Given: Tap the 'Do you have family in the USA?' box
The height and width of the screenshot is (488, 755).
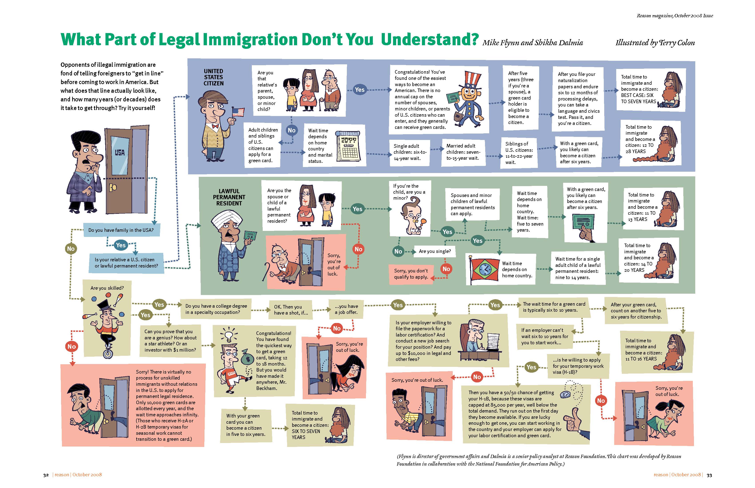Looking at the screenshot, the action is [121, 230].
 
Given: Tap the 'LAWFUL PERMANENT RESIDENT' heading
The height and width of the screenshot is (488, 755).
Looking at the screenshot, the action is [229, 197].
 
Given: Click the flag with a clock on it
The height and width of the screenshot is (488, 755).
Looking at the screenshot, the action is [484, 269].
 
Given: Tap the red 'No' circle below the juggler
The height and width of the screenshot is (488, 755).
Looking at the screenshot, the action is [72, 346].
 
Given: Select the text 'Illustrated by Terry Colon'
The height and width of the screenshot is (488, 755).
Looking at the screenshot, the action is [655, 43].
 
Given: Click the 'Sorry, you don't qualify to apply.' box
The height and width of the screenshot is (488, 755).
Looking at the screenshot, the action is [411, 274].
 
